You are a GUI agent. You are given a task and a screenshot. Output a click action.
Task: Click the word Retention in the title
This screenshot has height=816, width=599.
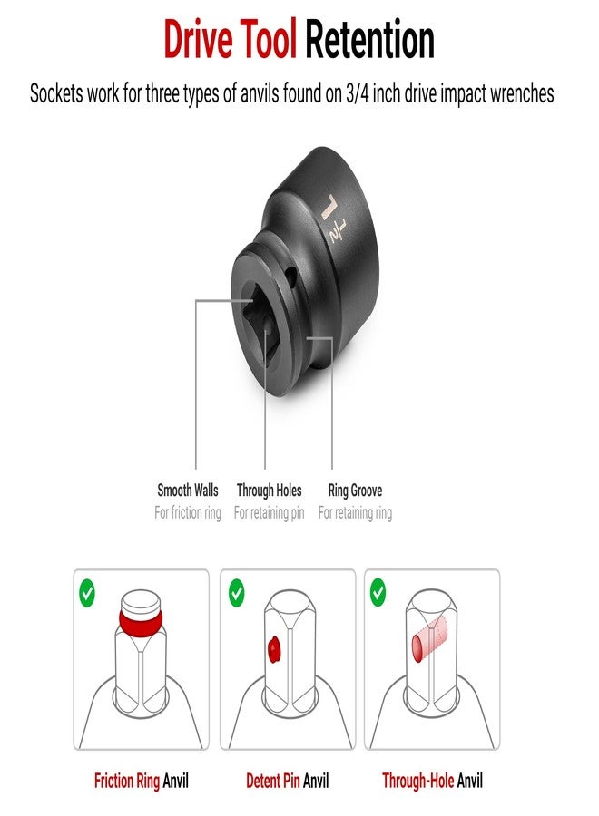pyautogui.click(x=369, y=41)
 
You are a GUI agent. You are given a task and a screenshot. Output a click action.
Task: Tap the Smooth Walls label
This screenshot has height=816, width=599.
pyautogui.click(x=188, y=491)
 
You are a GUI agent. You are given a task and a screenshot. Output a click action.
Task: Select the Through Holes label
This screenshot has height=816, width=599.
pyautogui.click(x=269, y=491)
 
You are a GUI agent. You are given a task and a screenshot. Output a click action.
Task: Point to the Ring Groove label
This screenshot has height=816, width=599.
pyautogui.click(x=355, y=491)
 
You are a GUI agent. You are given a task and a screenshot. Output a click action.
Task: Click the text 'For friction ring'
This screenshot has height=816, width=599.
pyautogui.click(x=188, y=513)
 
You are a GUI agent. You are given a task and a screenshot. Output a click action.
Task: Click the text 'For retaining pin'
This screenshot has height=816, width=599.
pyautogui.click(x=269, y=513)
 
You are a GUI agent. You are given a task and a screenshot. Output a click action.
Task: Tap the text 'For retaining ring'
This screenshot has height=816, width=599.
pyautogui.click(x=355, y=513)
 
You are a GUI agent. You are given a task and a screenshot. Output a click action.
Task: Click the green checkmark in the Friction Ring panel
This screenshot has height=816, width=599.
pyautogui.click(x=87, y=594)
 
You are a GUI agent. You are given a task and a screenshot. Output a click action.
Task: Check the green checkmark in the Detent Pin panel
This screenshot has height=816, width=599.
pyautogui.click(x=236, y=594)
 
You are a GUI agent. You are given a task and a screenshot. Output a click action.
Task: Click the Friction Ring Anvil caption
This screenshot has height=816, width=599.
pyautogui.click(x=142, y=780)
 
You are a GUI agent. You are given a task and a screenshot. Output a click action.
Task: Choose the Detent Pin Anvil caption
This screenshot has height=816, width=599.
pyautogui.click(x=287, y=780)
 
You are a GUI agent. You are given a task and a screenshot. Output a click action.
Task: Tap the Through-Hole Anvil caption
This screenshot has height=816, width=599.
pyautogui.click(x=432, y=780)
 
